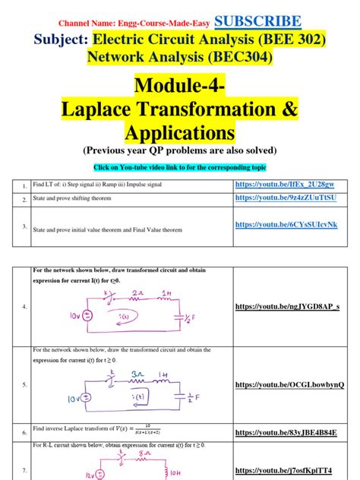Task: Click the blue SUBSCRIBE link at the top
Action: coord(257,21)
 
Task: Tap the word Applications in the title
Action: coord(179,133)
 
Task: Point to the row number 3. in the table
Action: coord(24,227)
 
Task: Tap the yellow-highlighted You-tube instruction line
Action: coord(179,166)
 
